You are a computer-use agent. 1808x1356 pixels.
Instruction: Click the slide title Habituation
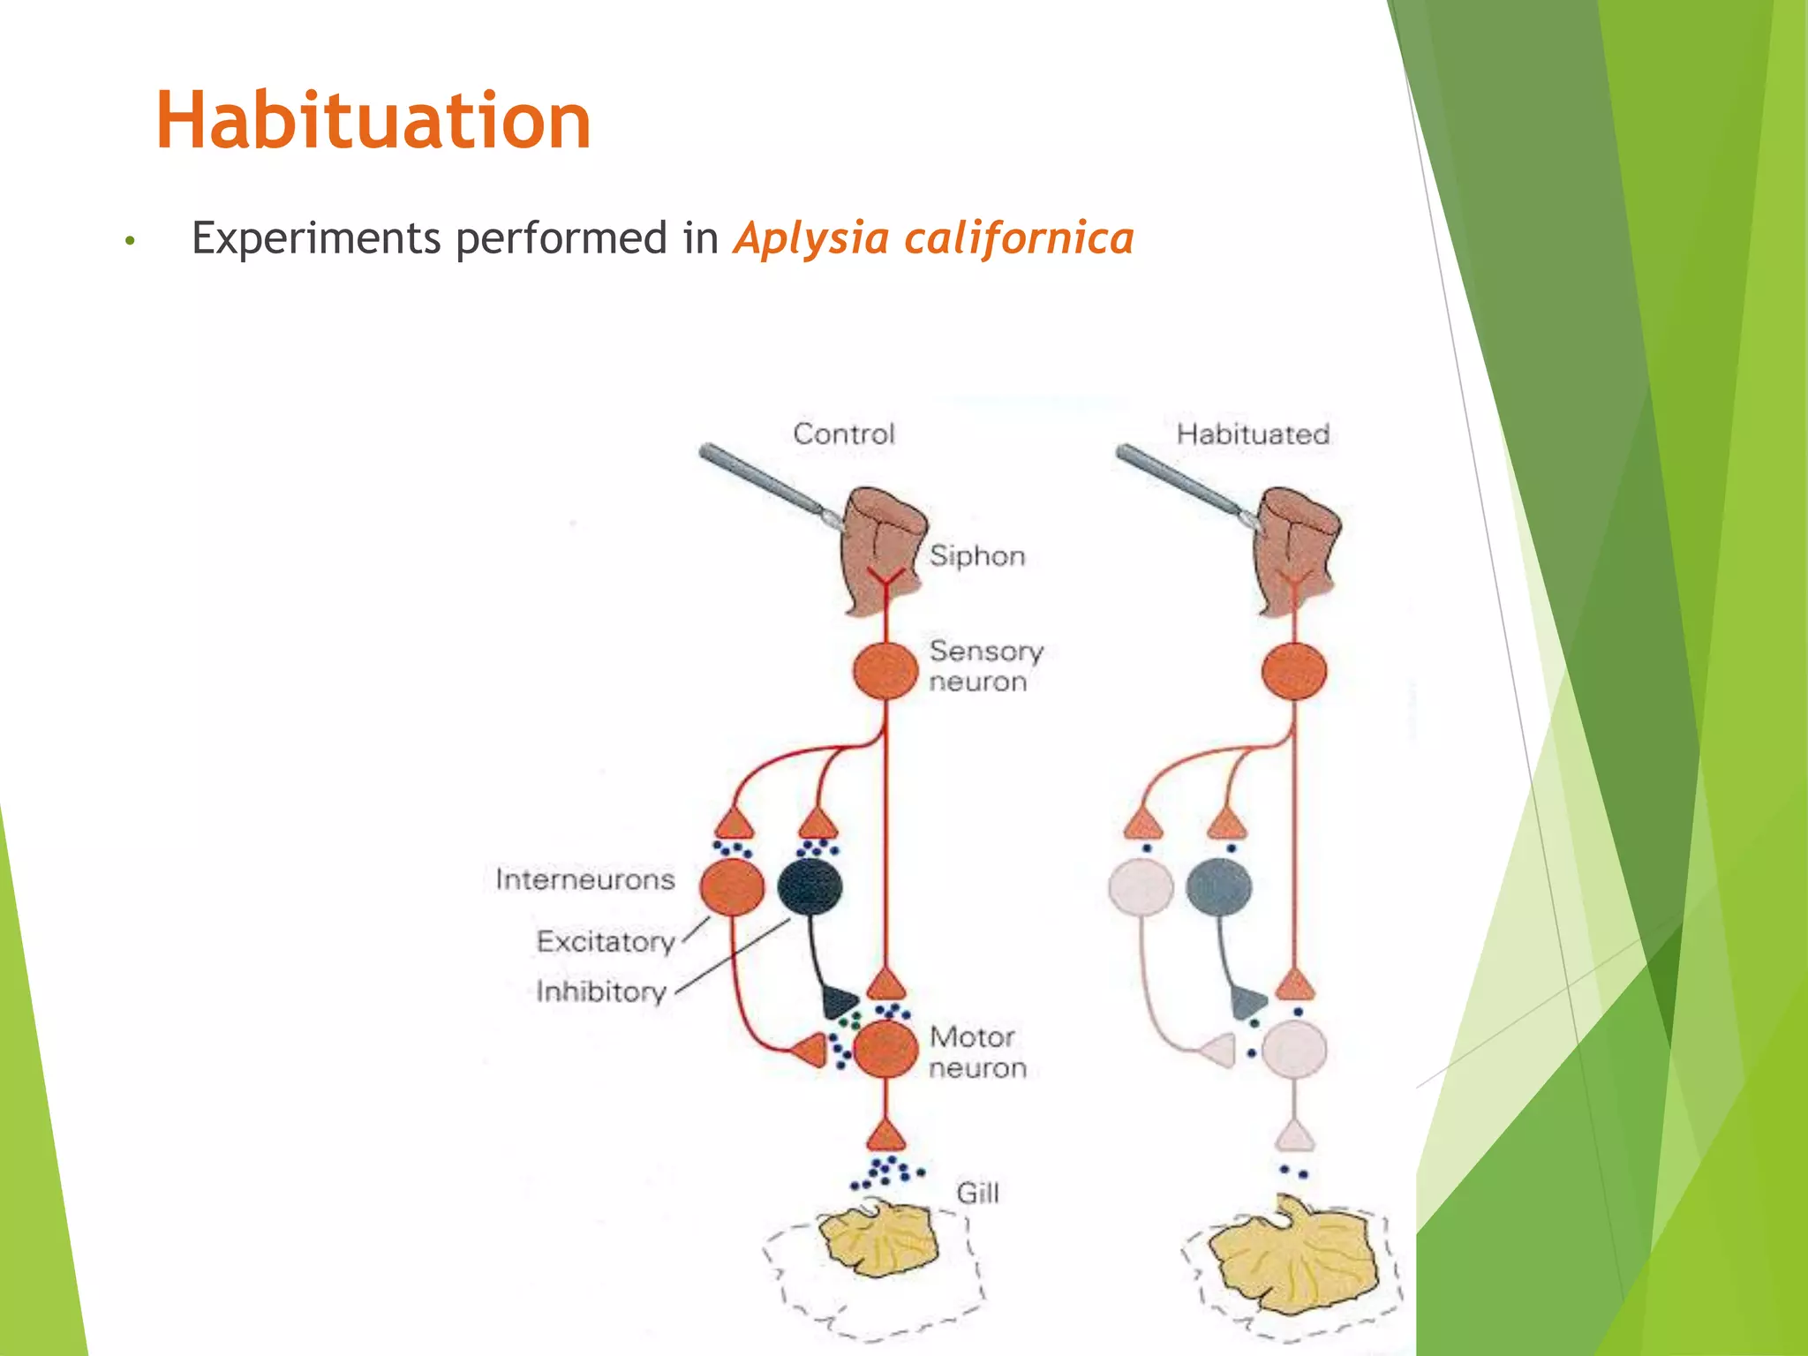click(373, 121)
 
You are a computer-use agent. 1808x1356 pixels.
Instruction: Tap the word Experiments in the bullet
click(316, 238)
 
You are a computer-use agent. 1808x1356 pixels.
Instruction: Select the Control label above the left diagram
click(843, 433)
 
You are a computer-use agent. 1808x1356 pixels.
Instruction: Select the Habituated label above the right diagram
click(1253, 433)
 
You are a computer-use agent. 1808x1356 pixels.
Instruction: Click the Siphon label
click(977, 556)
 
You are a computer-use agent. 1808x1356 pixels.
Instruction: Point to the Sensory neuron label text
click(984, 667)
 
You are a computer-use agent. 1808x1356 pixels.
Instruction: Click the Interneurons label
click(584, 879)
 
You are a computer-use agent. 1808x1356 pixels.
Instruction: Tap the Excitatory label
click(606, 941)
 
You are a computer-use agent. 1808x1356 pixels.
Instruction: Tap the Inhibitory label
click(601, 991)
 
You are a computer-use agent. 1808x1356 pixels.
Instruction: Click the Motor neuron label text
click(976, 1052)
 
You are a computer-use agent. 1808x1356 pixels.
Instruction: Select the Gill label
click(977, 1194)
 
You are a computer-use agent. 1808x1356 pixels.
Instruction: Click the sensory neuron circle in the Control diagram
click(885, 671)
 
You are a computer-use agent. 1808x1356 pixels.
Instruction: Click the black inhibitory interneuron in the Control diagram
click(810, 886)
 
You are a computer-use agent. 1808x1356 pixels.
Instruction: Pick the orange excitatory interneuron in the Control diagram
click(732, 886)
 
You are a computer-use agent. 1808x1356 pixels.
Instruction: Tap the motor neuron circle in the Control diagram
click(885, 1050)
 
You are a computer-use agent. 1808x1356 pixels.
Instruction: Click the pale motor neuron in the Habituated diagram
click(1293, 1050)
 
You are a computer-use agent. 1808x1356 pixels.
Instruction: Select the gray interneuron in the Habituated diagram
click(1218, 886)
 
